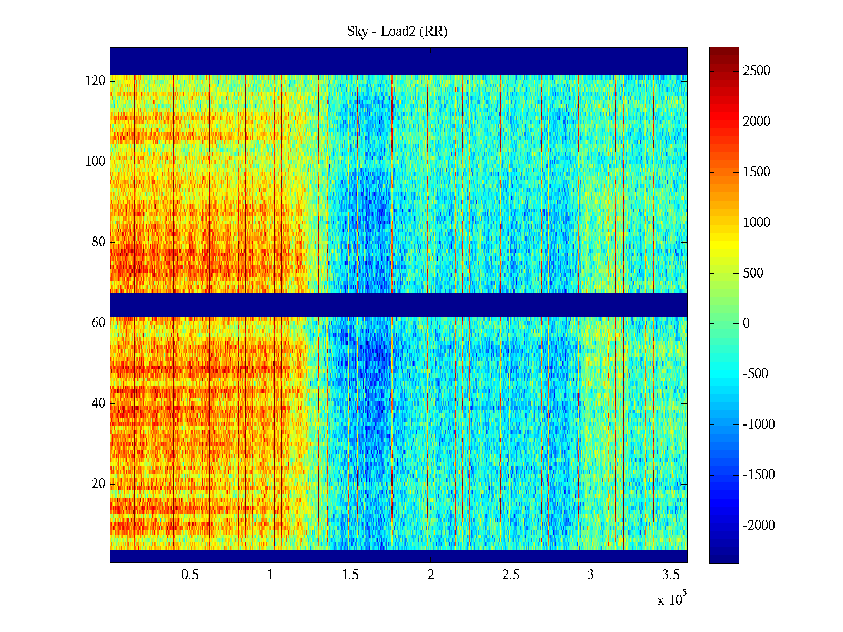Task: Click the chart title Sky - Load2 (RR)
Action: click(397, 32)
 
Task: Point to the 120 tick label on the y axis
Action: click(95, 81)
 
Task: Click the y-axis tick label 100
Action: click(95, 162)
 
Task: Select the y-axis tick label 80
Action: click(99, 242)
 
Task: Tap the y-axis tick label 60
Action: click(99, 323)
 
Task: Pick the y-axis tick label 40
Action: click(99, 403)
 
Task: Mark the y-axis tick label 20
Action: click(99, 484)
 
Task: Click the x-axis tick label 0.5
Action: click(190, 575)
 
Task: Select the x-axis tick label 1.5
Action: click(350, 575)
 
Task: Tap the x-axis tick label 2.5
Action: click(511, 575)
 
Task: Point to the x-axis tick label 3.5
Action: click(671, 575)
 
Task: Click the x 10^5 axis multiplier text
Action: click(672, 599)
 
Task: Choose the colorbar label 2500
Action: click(756, 71)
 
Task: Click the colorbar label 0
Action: click(746, 323)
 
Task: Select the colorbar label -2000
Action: click(759, 526)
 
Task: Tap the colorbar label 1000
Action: click(756, 223)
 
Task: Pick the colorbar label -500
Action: click(756, 374)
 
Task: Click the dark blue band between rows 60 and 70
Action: click(398, 304)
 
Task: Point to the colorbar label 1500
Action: click(756, 172)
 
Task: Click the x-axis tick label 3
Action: click(591, 575)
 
